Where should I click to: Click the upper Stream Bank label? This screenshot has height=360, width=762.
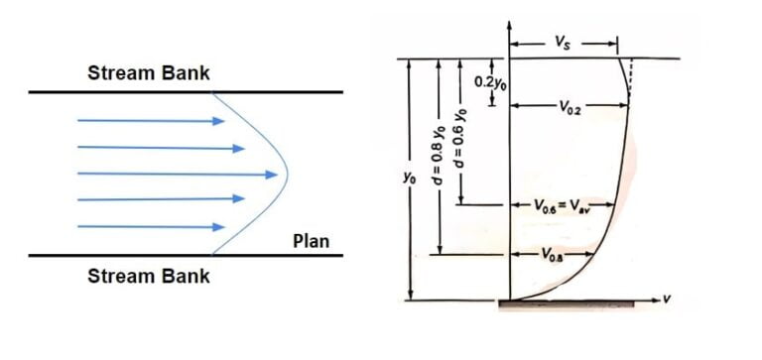point(149,73)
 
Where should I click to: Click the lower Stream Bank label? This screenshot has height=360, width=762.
point(149,276)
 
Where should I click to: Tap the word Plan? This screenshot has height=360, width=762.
point(312,241)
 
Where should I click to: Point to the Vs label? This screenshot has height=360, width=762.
point(564,44)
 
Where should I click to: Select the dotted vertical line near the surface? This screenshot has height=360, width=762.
point(631,80)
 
